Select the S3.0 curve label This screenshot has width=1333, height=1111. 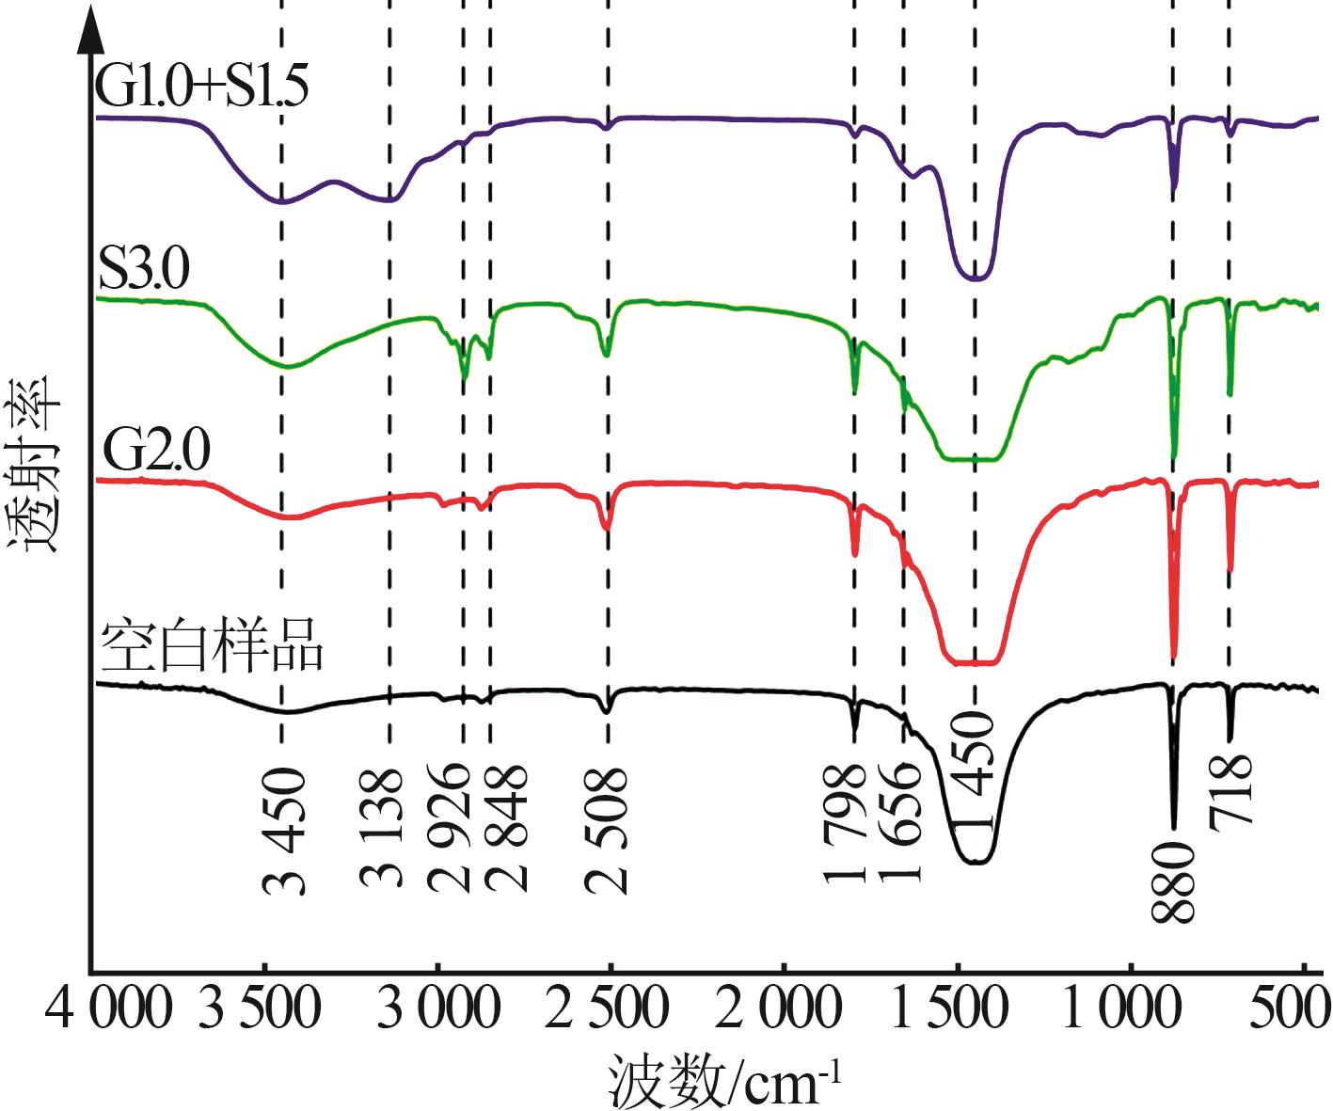[x=144, y=269]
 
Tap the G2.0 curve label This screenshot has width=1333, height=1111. [x=156, y=451]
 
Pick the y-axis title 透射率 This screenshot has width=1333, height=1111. [x=34, y=465]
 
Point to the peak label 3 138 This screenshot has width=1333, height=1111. [x=383, y=829]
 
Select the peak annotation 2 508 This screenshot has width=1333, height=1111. [x=607, y=831]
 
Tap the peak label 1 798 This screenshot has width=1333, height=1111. [x=844, y=824]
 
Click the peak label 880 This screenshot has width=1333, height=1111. [x=1174, y=881]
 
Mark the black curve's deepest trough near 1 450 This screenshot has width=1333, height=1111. [x=975, y=862]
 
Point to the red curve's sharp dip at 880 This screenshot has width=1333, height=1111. [x=1174, y=659]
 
